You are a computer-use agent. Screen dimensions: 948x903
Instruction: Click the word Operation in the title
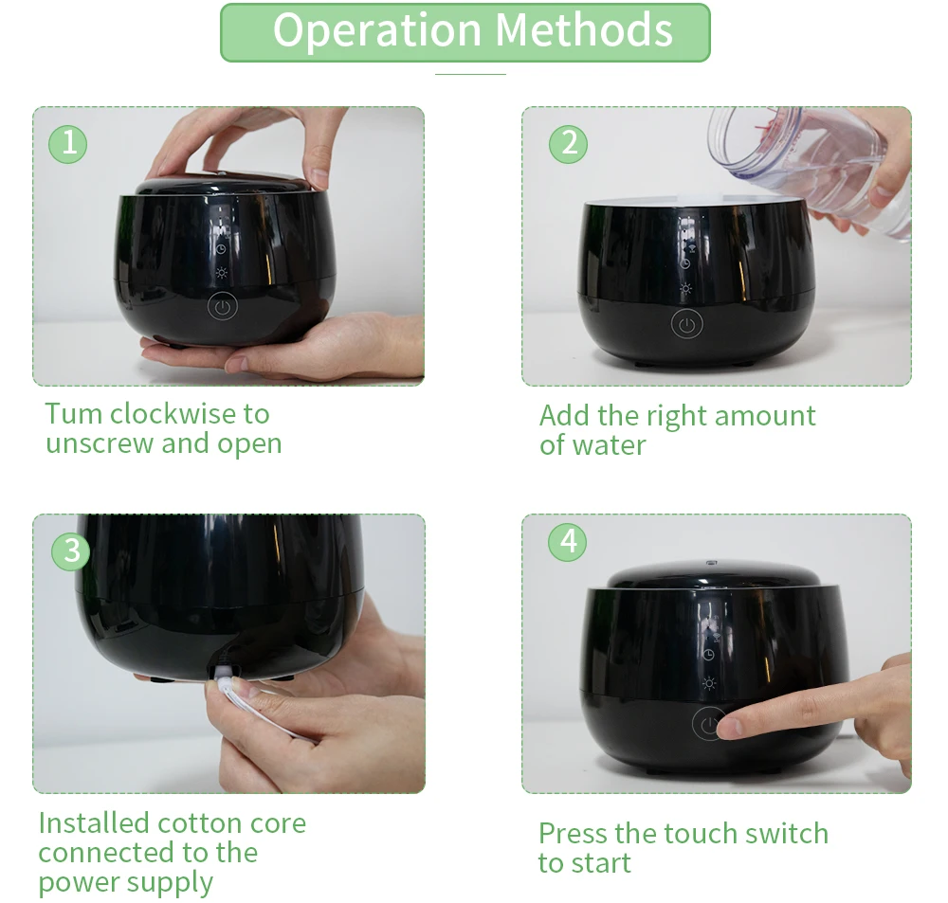tap(377, 32)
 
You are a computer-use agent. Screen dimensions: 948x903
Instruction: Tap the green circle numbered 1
tap(67, 144)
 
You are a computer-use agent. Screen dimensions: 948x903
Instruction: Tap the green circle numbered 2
tap(568, 144)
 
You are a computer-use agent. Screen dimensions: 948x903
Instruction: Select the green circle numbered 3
tap(71, 551)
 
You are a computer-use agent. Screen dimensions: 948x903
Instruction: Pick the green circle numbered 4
tap(567, 542)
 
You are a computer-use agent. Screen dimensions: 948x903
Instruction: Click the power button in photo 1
tap(223, 306)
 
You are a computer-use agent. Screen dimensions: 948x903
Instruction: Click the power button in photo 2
tap(686, 324)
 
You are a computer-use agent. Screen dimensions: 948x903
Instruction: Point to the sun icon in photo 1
tap(221, 273)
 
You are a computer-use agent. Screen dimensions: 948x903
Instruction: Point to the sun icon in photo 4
tap(709, 683)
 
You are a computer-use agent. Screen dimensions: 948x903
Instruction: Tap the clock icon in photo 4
tap(708, 655)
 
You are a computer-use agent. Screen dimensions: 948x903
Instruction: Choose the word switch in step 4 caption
tap(787, 834)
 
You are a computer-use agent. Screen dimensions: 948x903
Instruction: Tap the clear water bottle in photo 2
tap(811, 170)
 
